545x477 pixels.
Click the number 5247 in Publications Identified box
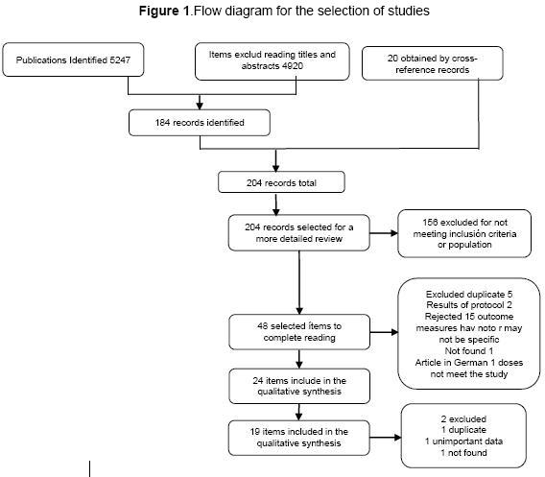pos(120,60)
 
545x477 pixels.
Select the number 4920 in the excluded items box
pos(293,66)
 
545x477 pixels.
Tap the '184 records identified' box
pos(200,123)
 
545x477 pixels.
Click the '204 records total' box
pos(281,182)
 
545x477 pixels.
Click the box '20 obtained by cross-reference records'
pos(433,63)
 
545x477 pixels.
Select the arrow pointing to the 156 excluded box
pos(384,233)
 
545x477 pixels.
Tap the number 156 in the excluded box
pos(430,223)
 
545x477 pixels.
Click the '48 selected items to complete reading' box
pos(299,332)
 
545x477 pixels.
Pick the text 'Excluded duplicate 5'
pos(469,295)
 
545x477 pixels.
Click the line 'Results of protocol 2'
pos(469,305)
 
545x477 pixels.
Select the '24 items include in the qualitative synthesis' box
pos(299,386)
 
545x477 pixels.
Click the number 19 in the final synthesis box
pos(255,432)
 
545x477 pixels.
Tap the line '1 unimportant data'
pos(463,441)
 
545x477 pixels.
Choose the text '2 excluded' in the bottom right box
pos(463,419)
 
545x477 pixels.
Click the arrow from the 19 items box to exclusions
pos(386,438)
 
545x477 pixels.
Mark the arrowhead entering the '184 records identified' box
pos(200,106)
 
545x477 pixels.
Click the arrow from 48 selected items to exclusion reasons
pos(384,332)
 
